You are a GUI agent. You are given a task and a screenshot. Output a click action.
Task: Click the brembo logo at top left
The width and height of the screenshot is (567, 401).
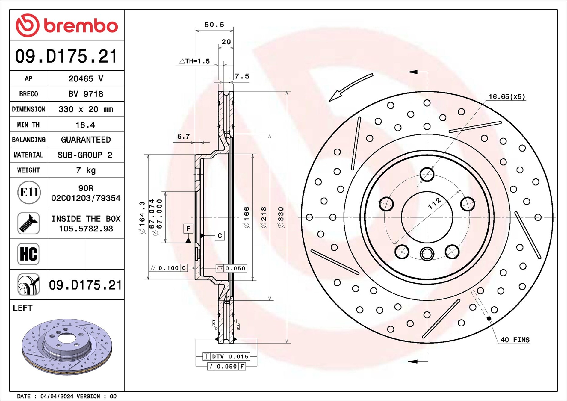(x=66, y=25)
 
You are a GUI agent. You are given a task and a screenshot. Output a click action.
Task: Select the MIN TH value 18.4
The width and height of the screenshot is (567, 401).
(x=85, y=125)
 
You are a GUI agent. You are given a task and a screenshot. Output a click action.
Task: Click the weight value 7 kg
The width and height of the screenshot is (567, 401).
(x=86, y=170)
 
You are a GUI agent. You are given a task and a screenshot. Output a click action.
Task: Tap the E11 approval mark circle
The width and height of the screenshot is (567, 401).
(x=29, y=192)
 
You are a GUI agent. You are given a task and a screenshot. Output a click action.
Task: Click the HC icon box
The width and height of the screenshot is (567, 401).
(x=28, y=254)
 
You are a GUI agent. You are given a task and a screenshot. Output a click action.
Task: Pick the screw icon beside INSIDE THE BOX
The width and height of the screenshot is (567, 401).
(x=28, y=223)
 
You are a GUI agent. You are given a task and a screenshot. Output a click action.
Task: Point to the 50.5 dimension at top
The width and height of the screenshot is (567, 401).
(x=214, y=25)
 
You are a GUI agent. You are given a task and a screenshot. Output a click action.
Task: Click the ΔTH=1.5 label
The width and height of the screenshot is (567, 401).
(x=194, y=61)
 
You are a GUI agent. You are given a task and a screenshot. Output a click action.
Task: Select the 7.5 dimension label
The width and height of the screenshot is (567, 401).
(x=242, y=76)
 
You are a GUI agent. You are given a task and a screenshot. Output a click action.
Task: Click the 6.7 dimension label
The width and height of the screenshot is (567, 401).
(x=183, y=137)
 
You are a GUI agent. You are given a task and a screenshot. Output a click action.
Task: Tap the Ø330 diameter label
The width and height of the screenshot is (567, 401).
(x=281, y=217)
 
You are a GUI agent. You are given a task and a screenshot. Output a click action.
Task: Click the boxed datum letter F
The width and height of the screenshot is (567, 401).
(x=188, y=229)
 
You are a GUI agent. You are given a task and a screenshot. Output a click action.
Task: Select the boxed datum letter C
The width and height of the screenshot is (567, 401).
(x=220, y=236)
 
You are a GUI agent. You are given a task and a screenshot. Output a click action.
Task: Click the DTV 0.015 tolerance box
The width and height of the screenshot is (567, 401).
(x=226, y=356)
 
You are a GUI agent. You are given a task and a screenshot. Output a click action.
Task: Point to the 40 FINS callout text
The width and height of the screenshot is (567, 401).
(x=515, y=340)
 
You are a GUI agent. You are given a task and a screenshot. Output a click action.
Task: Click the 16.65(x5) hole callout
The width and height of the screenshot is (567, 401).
(x=507, y=97)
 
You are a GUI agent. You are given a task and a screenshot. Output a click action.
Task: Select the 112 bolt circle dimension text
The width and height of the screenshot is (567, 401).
(x=434, y=203)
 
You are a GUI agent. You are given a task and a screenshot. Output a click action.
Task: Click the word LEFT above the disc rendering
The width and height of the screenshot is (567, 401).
(x=22, y=308)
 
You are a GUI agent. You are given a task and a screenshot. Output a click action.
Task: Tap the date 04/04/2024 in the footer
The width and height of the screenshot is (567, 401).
(x=57, y=396)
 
